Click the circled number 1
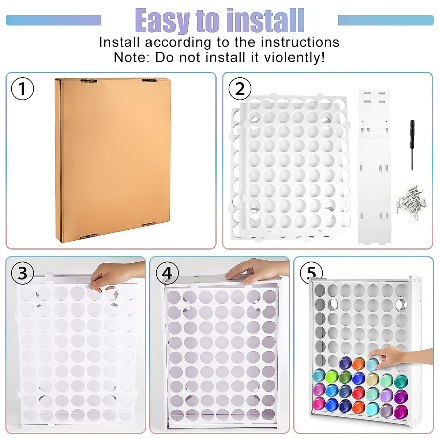(x=22, y=89)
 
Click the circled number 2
(x=240, y=89)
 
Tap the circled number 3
(x=22, y=273)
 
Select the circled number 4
(x=167, y=273)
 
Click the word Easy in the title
(x=163, y=21)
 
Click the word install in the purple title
(x=265, y=21)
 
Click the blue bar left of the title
(x=53, y=20)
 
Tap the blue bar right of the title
(x=386, y=20)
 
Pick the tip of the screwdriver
(x=412, y=169)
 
